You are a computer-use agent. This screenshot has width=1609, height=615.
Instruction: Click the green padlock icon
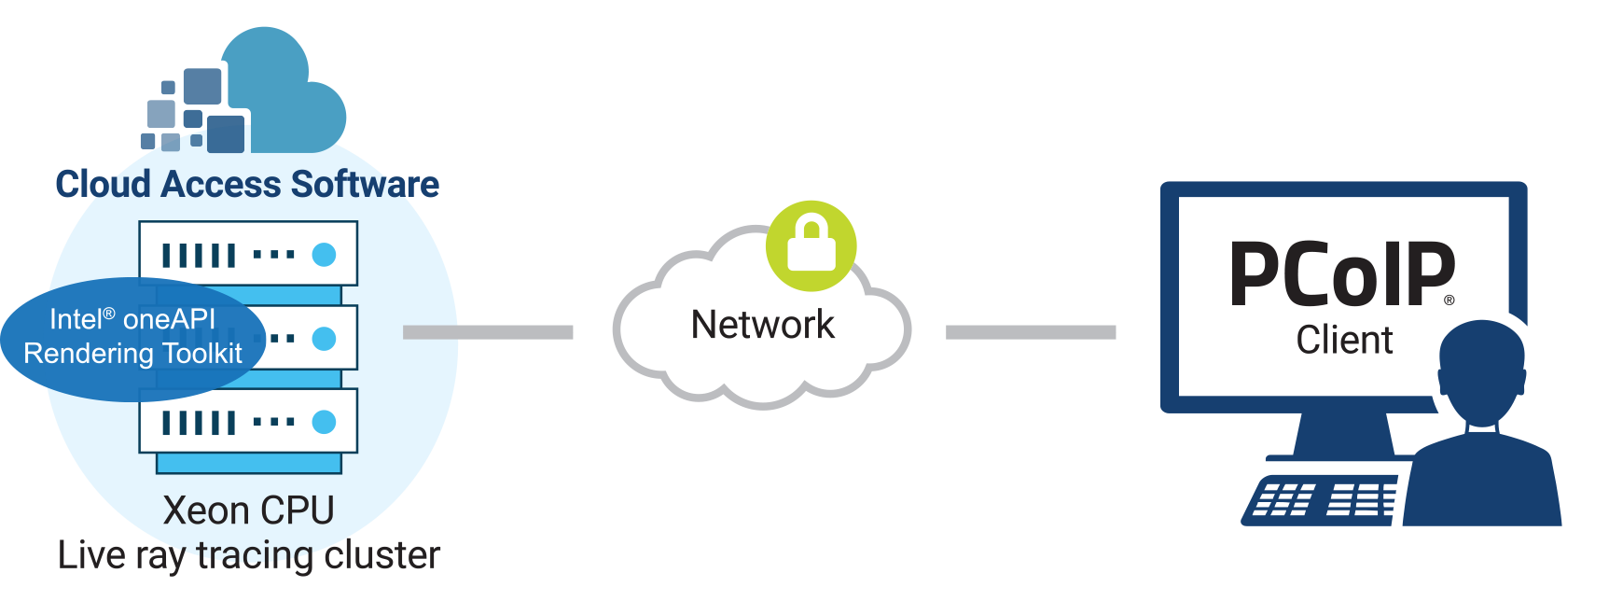point(811,245)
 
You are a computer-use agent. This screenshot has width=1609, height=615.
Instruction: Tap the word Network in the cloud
point(762,325)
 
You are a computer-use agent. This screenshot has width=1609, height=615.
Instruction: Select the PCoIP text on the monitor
point(1341,274)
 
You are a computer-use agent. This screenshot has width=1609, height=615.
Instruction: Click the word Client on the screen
point(1344,340)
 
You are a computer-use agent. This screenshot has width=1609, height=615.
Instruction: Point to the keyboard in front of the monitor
point(1321,499)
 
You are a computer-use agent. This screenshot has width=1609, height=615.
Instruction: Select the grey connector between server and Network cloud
point(488,332)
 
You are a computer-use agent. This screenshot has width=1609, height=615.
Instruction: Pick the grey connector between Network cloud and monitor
point(1031,332)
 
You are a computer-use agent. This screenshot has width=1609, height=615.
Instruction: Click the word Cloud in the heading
point(103,185)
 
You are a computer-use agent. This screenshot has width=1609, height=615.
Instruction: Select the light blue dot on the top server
point(324,254)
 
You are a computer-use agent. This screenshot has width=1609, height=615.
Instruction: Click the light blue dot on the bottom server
point(324,422)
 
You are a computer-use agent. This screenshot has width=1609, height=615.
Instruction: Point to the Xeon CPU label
point(248,510)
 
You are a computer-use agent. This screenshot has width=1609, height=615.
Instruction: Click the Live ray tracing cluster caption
point(248,555)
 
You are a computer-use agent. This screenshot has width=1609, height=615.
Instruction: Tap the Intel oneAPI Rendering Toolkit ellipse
point(132,338)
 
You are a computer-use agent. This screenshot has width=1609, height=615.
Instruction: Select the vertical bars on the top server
point(199,255)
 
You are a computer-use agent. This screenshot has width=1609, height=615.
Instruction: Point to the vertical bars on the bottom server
point(199,423)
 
